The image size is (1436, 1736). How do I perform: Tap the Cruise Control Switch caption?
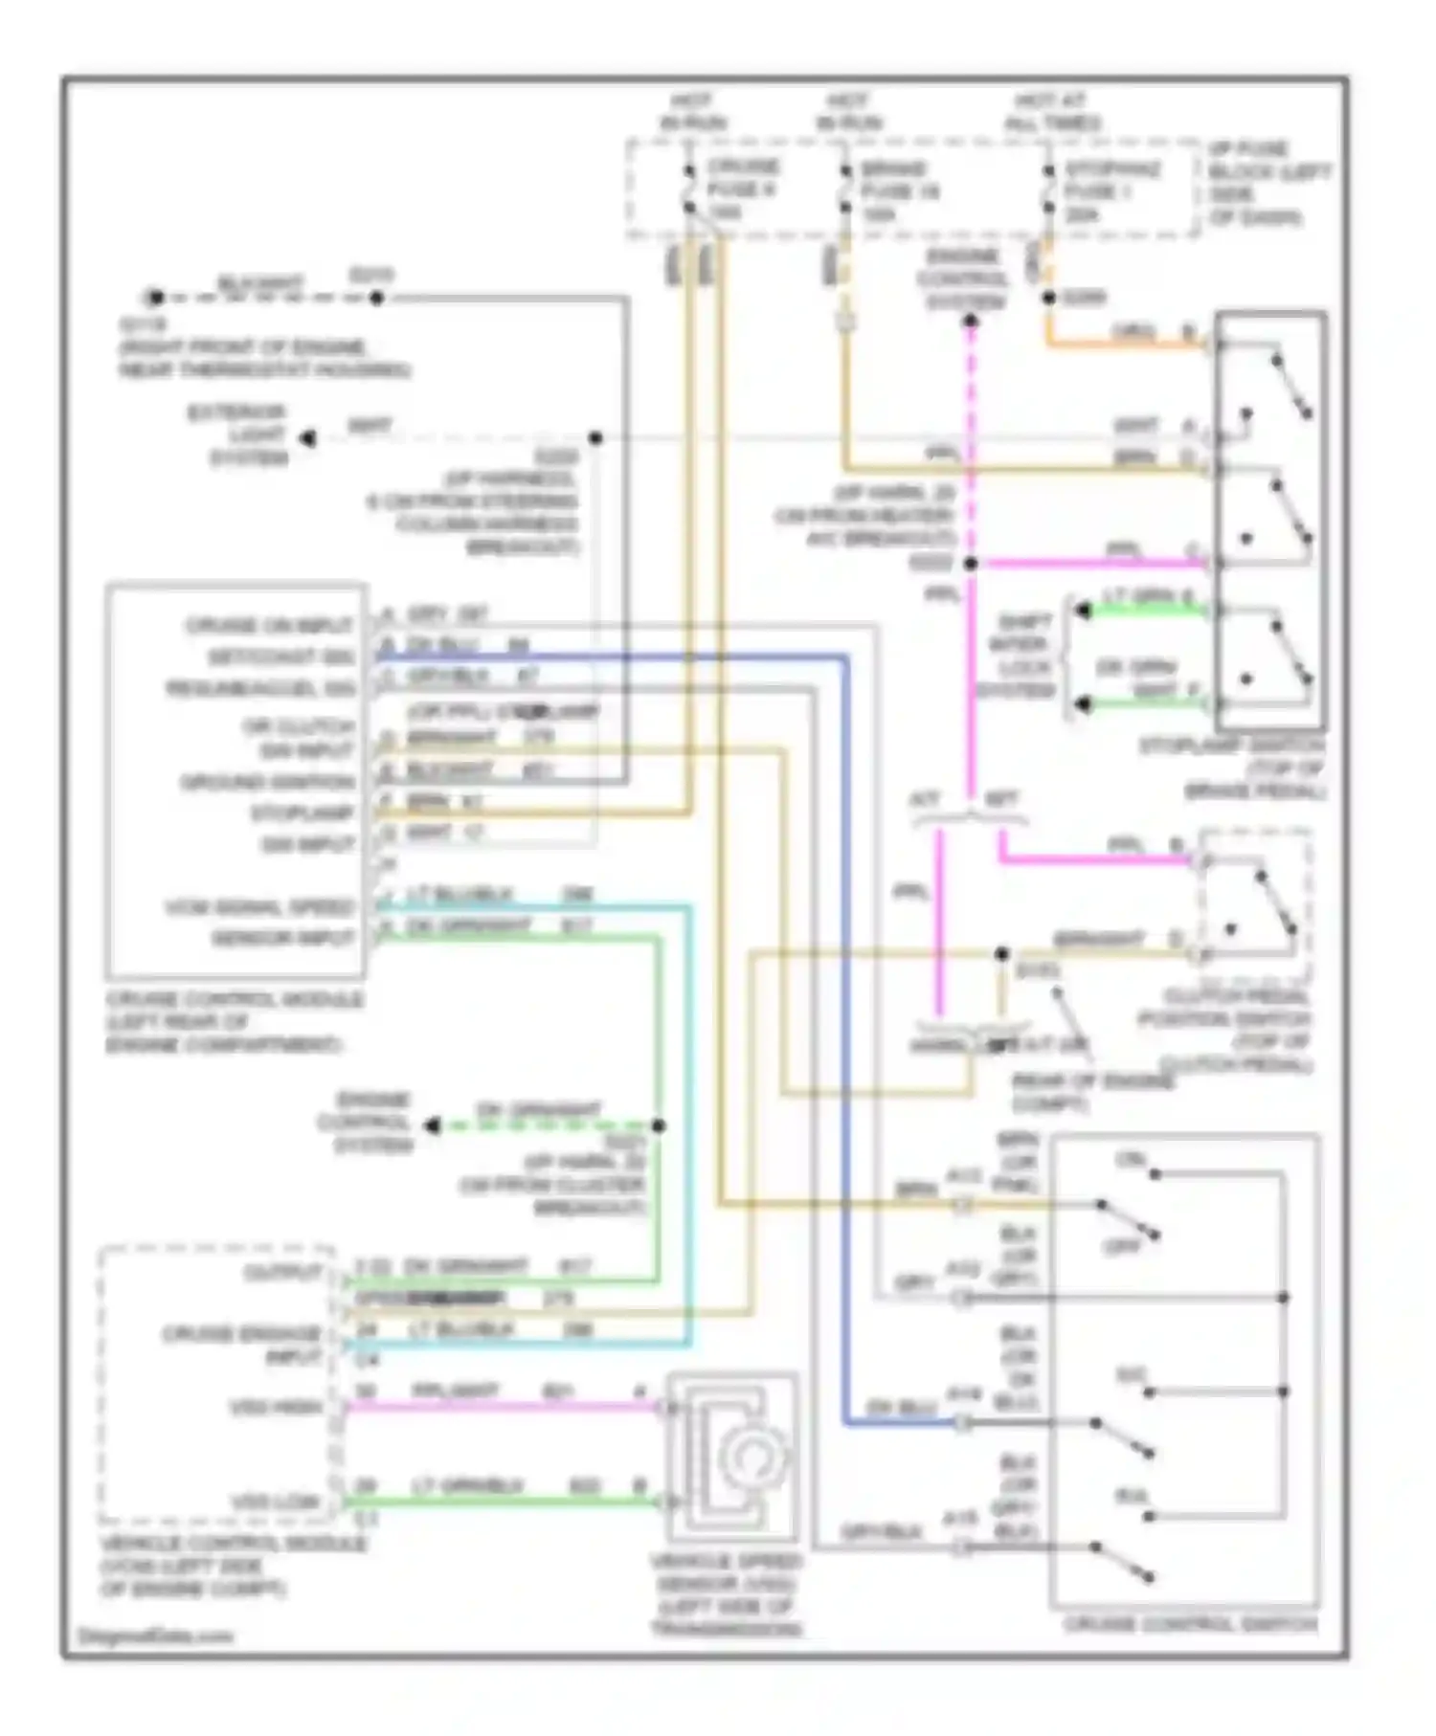[1190, 1624]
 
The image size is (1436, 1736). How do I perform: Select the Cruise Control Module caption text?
[234, 1022]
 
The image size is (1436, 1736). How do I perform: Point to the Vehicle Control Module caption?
[233, 1567]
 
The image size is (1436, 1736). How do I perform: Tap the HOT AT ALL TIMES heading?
[1052, 112]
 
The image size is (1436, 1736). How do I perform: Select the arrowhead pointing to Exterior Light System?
[308, 438]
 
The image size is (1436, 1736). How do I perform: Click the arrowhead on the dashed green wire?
[433, 1125]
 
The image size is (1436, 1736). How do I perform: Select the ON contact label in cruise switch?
[1131, 1160]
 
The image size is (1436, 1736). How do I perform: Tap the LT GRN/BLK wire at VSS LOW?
[498, 1502]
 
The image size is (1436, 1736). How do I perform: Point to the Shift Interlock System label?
[1015, 656]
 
